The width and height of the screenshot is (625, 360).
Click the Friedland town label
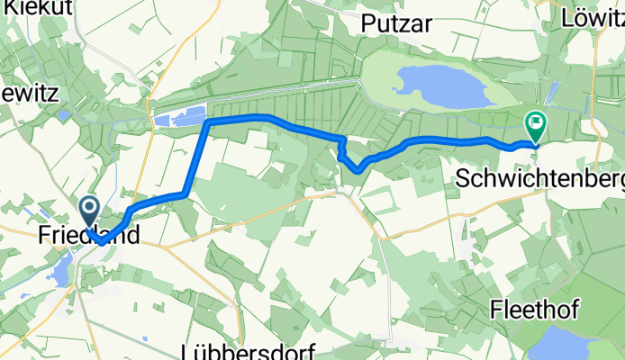click(90, 237)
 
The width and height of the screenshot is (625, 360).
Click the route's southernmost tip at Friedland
click(102, 241)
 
